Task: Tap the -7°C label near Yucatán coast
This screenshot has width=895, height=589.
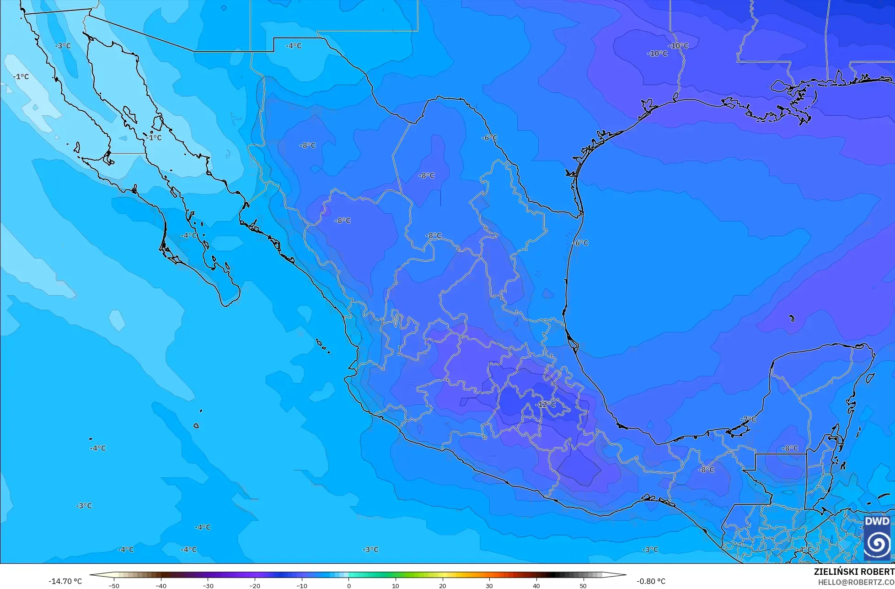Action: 748,419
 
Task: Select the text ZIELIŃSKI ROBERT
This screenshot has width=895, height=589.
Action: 854,572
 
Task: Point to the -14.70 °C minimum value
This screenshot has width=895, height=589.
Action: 65,581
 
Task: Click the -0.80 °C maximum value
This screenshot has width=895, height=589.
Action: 651,581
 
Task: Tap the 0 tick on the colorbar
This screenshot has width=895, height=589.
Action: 348,585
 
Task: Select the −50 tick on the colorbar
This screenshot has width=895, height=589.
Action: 114,585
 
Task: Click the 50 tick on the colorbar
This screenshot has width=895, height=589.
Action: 583,585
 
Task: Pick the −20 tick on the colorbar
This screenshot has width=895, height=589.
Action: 254,585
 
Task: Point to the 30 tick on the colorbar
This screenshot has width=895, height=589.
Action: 489,585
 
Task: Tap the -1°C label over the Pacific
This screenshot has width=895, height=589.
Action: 21,76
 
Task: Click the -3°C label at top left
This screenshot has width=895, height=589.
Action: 63,46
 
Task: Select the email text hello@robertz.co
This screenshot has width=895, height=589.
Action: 856,582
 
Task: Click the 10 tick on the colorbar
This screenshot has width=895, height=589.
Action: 395,585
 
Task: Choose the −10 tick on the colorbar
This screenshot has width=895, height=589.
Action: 301,585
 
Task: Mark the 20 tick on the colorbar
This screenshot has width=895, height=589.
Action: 442,585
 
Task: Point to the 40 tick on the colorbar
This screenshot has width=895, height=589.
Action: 536,585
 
